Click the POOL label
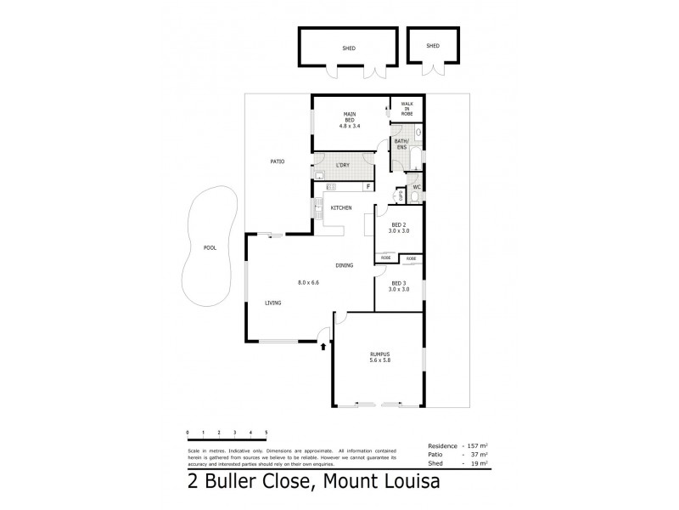click(210, 248)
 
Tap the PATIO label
click(277, 161)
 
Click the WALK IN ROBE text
click(407, 108)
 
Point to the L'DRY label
click(344, 164)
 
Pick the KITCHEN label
click(341, 207)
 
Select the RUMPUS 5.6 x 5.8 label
click(379, 356)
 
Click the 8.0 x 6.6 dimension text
click(308, 281)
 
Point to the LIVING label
click(272, 303)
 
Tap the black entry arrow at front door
click(323, 346)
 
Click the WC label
click(417, 187)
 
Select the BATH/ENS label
click(401, 144)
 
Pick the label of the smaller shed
click(433, 46)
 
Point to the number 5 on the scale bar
click(267, 433)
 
